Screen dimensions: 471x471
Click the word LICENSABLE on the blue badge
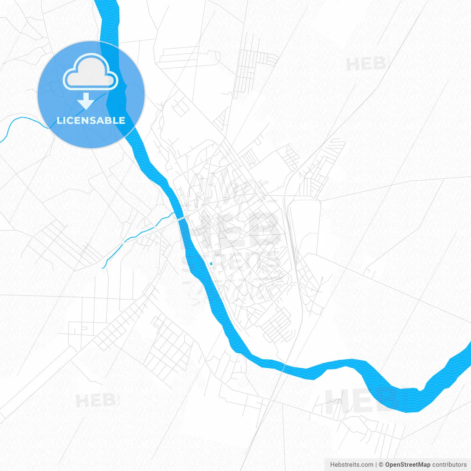pyautogui.click(x=91, y=120)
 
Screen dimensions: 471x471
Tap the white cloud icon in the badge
pyautogui.click(x=91, y=72)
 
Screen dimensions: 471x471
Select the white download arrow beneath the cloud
pyautogui.click(x=86, y=101)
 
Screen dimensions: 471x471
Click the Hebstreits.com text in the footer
pyautogui.click(x=351, y=465)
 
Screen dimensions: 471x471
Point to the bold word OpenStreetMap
pyautogui.click(x=408, y=465)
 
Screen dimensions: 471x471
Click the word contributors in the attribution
pyautogui.click(x=449, y=465)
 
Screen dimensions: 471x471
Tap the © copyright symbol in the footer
pyautogui.click(x=381, y=465)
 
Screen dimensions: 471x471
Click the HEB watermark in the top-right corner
pyautogui.click(x=366, y=64)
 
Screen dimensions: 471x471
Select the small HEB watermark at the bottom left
pyautogui.click(x=95, y=400)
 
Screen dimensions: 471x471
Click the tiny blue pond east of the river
pyautogui.click(x=210, y=263)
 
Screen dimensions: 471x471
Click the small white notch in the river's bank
pyautogui.click(x=420, y=389)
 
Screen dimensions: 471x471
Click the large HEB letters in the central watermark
pyautogui.click(x=235, y=230)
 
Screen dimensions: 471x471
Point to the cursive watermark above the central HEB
pyautogui.click(x=228, y=188)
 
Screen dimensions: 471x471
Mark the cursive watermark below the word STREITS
pyautogui.click(x=228, y=291)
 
